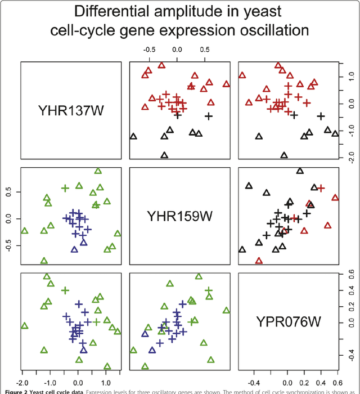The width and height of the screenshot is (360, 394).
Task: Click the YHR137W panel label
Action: click(70, 109)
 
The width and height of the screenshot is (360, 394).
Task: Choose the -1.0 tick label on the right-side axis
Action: click(349, 130)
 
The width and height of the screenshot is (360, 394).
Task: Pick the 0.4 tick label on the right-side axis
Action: click(349, 290)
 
